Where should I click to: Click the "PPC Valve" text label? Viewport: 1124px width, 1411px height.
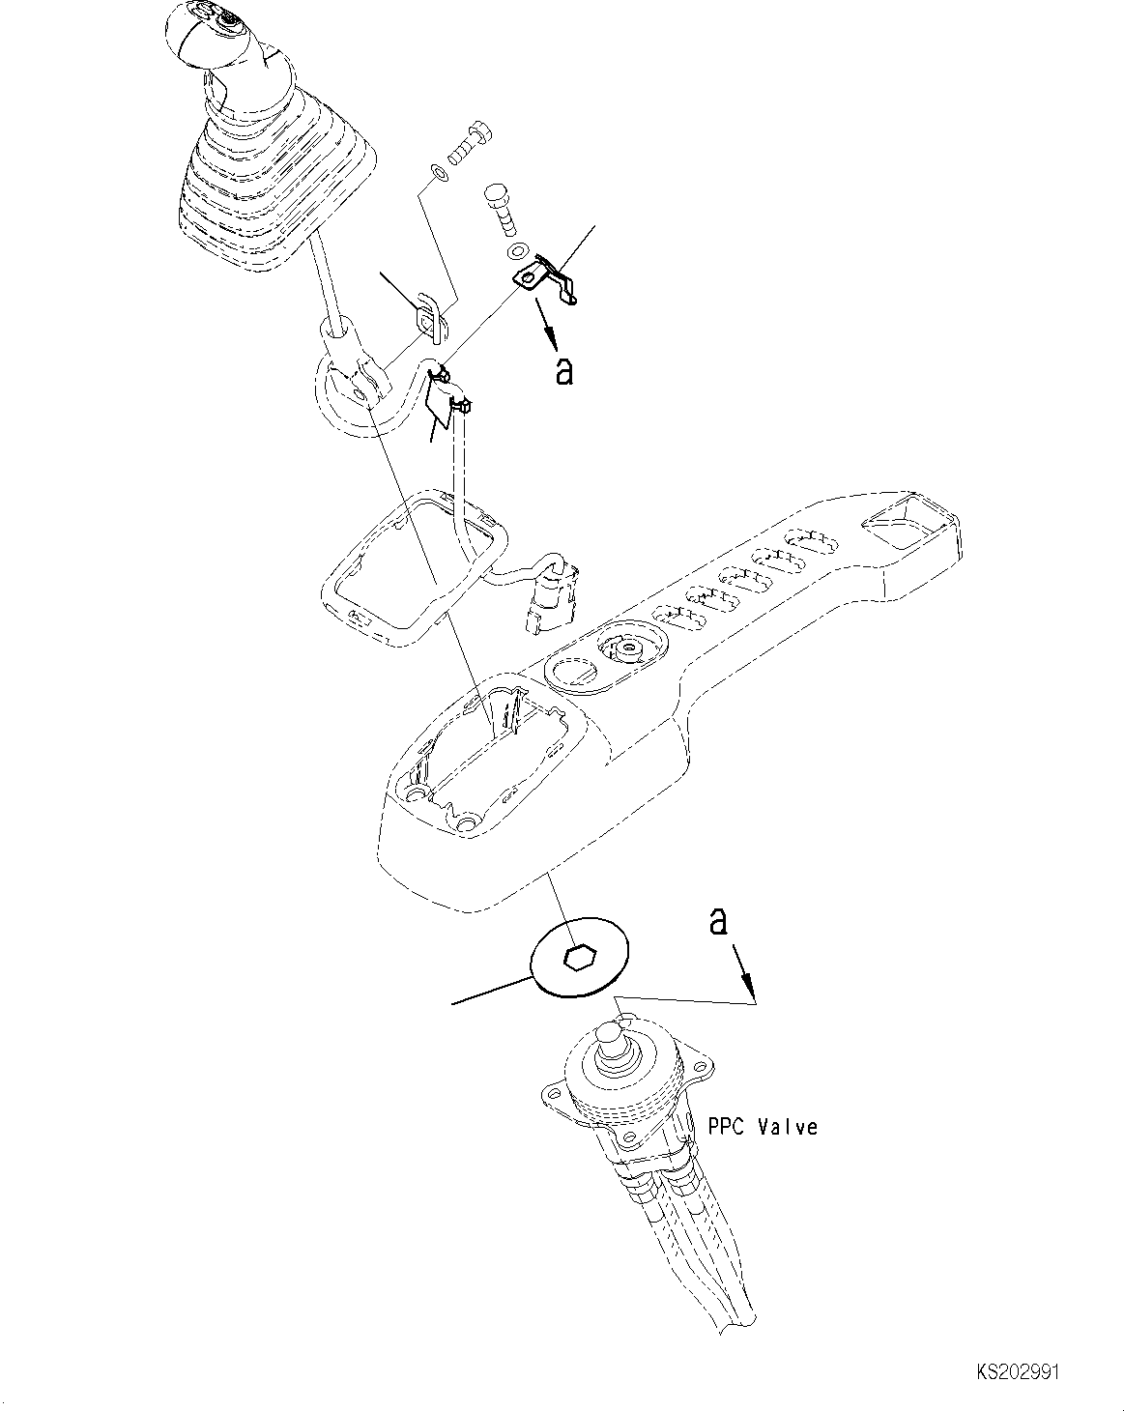point(762,1127)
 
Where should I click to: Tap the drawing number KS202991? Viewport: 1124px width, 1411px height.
point(1017,1371)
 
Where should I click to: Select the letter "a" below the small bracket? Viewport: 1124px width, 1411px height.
point(563,370)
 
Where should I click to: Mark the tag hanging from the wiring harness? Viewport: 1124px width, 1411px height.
point(441,403)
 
